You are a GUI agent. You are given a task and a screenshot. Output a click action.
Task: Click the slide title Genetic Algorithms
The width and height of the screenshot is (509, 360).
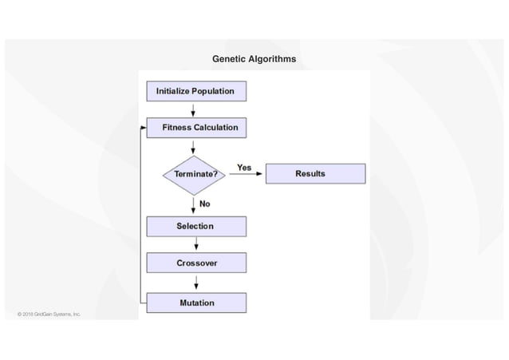coord(254,59)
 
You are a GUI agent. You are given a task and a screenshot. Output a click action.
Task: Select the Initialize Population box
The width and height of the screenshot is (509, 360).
coord(195,91)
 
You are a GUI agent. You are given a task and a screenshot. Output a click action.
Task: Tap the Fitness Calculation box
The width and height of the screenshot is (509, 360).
coord(196,127)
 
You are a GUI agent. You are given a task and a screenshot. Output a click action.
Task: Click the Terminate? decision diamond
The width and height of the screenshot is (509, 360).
coord(194,174)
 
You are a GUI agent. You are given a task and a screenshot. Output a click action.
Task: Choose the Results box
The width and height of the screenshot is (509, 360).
coord(314,173)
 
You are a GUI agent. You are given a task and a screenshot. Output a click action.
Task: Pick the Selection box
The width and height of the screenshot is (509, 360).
coord(195,227)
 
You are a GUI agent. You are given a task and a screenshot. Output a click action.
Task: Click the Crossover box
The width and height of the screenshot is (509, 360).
coord(195,263)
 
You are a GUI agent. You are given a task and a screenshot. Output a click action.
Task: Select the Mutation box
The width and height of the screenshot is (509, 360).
coord(195,303)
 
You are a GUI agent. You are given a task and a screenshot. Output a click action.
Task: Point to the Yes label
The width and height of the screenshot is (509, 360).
coord(244,168)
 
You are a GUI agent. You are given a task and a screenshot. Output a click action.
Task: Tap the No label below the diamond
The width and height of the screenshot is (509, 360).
coord(205,204)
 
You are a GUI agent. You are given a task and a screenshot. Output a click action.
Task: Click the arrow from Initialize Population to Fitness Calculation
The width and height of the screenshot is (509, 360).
coord(193,109)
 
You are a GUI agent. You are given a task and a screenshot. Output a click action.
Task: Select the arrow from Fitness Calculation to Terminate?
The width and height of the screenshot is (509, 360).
coord(193,147)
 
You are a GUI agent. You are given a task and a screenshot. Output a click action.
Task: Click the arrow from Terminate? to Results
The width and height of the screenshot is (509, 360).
coord(245,174)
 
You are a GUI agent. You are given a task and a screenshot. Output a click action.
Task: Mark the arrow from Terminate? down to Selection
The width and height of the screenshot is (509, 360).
coord(193,205)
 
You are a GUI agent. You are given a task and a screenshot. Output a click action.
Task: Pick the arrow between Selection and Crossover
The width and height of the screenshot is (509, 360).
coord(196,244)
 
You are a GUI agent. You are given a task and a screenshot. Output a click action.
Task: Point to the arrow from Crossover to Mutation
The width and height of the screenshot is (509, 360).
coord(196,282)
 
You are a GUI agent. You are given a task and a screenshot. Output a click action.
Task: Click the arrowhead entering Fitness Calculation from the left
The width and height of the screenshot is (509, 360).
coord(144,128)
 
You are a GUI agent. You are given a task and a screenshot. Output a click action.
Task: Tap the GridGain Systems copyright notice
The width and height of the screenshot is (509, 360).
coord(49,315)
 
